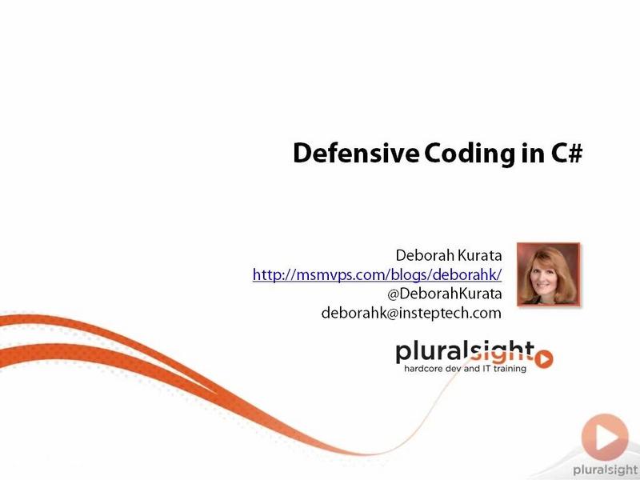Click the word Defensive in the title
[356, 154]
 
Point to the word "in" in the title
[533, 154]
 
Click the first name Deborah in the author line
[425, 255]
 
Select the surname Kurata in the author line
[479, 255]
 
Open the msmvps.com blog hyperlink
[377, 274]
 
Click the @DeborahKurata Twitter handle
[445, 294]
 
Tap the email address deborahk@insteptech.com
[411, 313]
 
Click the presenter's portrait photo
[548, 274]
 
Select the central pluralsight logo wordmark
[465, 352]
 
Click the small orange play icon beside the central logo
[544, 359]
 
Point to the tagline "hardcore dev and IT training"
[465, 369]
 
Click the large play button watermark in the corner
[605, 437]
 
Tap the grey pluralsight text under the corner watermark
[606, 470]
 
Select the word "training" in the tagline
[510, 369]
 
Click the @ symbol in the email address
[392, 314]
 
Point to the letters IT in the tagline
[486, 369]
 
